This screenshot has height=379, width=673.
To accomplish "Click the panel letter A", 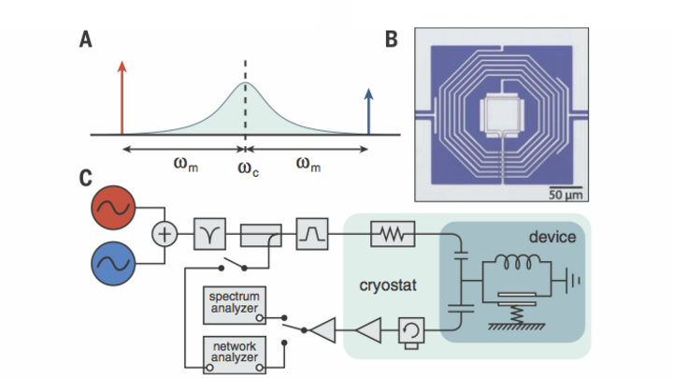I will [x=86, y=39].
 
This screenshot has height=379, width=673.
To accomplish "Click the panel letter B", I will [x=392, y=39].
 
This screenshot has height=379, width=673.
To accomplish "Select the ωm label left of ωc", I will [x=186, y=164].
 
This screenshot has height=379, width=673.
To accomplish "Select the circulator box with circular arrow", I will [x=411, y=330].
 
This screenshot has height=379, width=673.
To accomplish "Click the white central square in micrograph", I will [x=501, y=115].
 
